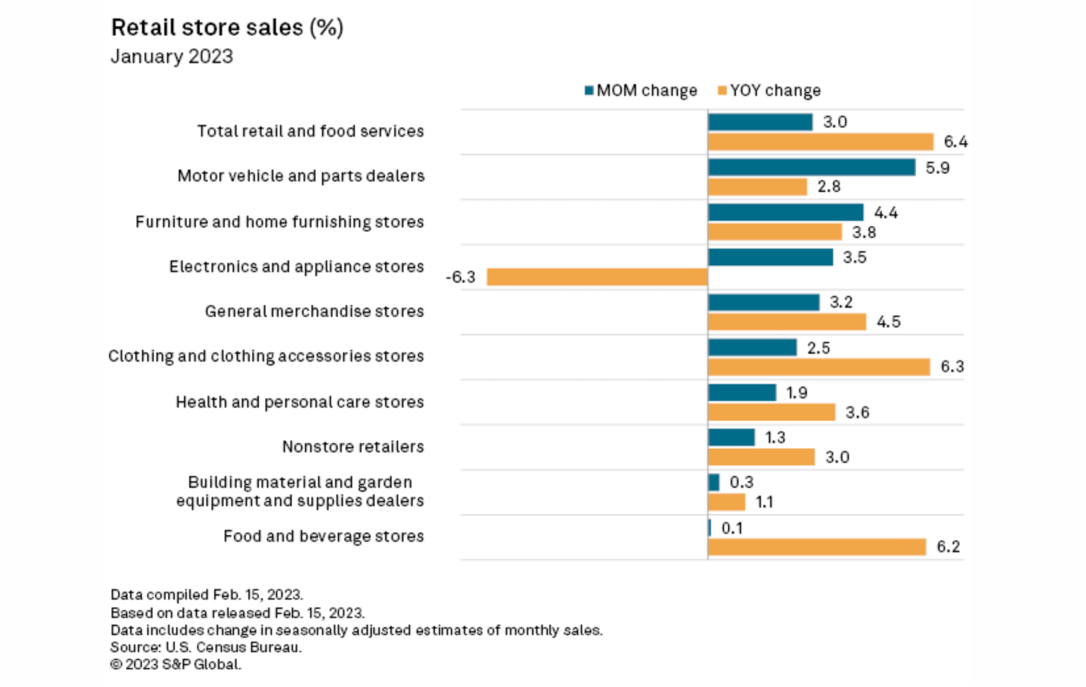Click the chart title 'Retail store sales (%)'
tap(227, 28)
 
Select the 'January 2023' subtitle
tap(171, 56)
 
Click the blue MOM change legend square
tap(589, 91)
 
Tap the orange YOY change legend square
tap(722, 91)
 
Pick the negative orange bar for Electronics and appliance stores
tap(597, 277)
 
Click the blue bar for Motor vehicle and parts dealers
tap(811, 168)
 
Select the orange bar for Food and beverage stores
tap(817, 547)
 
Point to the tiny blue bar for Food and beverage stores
tap(709, 528)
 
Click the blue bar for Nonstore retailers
tap(731, 437)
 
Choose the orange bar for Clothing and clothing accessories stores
tap(819, 367)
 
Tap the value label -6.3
tap(460, 277)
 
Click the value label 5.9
tap(937, 168)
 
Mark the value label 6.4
tap(955, 142)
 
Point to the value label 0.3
tap(742, 482)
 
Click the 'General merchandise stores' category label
tap(314, 311)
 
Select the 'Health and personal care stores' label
tap(300, 402)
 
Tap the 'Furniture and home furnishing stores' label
tap(280, 221)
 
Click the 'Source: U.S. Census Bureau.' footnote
tap(206, 647)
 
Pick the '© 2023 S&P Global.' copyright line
tap(176, 664)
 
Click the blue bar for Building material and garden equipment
tap(714, 482)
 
